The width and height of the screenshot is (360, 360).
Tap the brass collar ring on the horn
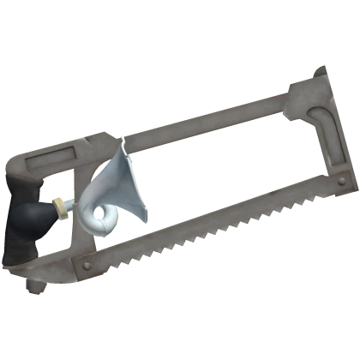(61, 206)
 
